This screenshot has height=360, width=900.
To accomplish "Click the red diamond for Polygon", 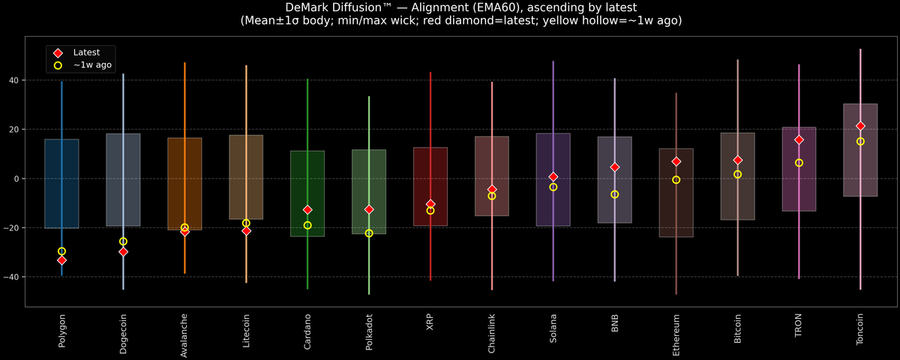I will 61,260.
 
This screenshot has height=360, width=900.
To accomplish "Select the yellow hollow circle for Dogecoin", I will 123,241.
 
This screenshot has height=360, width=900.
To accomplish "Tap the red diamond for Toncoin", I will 860,126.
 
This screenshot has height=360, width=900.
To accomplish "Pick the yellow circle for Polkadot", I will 369,233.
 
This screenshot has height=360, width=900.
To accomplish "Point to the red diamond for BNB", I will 615,167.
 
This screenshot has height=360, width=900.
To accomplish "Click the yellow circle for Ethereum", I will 676,180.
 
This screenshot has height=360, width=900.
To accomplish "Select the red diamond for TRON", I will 799,139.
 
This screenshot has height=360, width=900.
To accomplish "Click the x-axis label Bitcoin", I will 738,329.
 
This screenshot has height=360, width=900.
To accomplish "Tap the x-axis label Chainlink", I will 492,333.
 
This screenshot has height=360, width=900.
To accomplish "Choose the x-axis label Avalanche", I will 184,334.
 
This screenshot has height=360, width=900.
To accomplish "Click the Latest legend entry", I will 85,52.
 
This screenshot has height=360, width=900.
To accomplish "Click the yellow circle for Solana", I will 553,187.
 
